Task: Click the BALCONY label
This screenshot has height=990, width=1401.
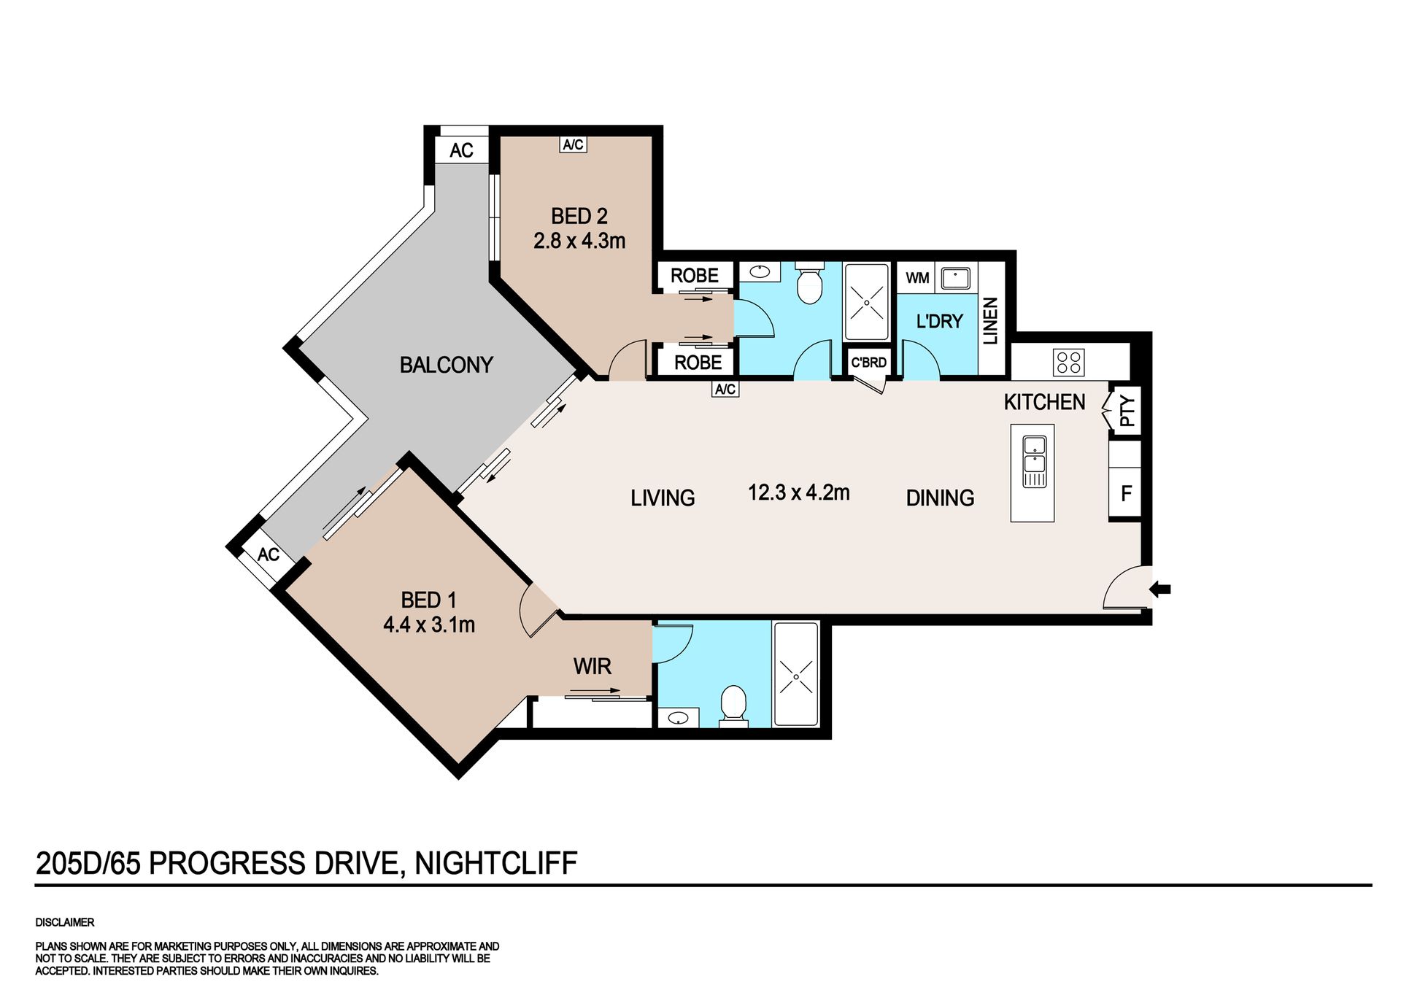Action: pos(446,365)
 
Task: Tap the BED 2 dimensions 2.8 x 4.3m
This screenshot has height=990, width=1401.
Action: pos(579,241)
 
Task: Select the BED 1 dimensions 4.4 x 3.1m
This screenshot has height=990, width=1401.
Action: pos(429,625)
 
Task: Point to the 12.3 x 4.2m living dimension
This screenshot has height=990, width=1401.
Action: pos(799,492)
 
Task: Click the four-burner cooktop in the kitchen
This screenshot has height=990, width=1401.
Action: pos(1069,363)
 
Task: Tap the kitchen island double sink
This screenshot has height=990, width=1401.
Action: pos(1034,461)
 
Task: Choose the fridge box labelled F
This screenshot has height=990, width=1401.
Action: pos(1125,493)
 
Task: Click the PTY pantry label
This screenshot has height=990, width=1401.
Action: pos(1127,411)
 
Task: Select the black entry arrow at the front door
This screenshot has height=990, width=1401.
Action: pos(1160,589)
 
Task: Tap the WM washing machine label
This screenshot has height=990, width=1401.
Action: pos(917,278)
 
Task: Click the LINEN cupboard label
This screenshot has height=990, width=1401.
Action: pos(990,321)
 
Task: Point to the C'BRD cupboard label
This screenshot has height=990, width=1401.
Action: pos(868,363)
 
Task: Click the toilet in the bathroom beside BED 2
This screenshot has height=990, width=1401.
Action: pos(808,282)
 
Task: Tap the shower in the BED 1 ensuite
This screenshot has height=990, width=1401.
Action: pos(796,674)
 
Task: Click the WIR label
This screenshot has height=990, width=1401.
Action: pos(592,666)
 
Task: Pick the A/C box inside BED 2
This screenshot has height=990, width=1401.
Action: pos(573,144)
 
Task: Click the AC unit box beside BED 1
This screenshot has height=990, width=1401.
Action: pos(268,554)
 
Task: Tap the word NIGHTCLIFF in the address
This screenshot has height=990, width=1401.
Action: pos(496,863)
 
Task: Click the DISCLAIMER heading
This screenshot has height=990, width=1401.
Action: pos(65,922)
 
